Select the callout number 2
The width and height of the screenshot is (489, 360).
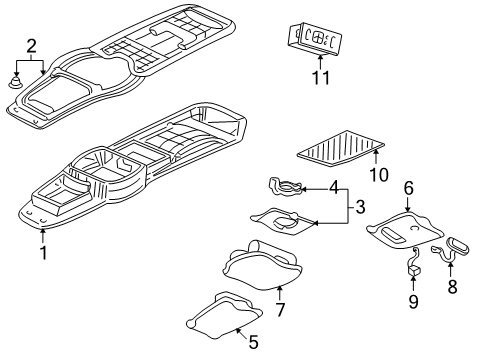click(x=32, y=46)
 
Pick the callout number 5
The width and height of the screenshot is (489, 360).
click(x=253, y=343)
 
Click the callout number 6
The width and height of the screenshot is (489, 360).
click(x=408, y=188)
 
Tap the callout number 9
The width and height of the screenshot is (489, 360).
click(x=413, y=300)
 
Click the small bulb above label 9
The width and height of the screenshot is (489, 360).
click(x=411, y=268)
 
